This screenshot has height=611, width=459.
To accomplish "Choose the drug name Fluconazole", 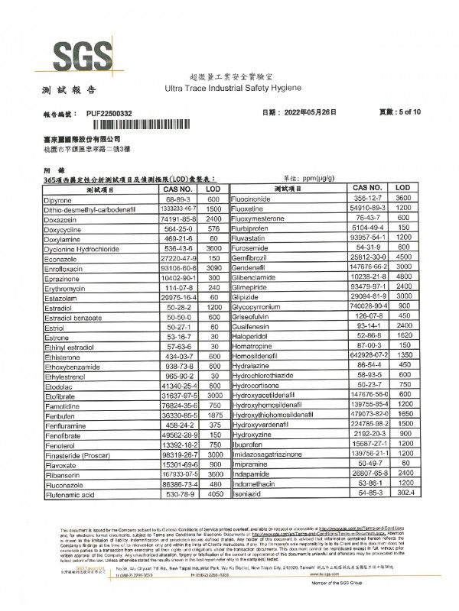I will (68, 484).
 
